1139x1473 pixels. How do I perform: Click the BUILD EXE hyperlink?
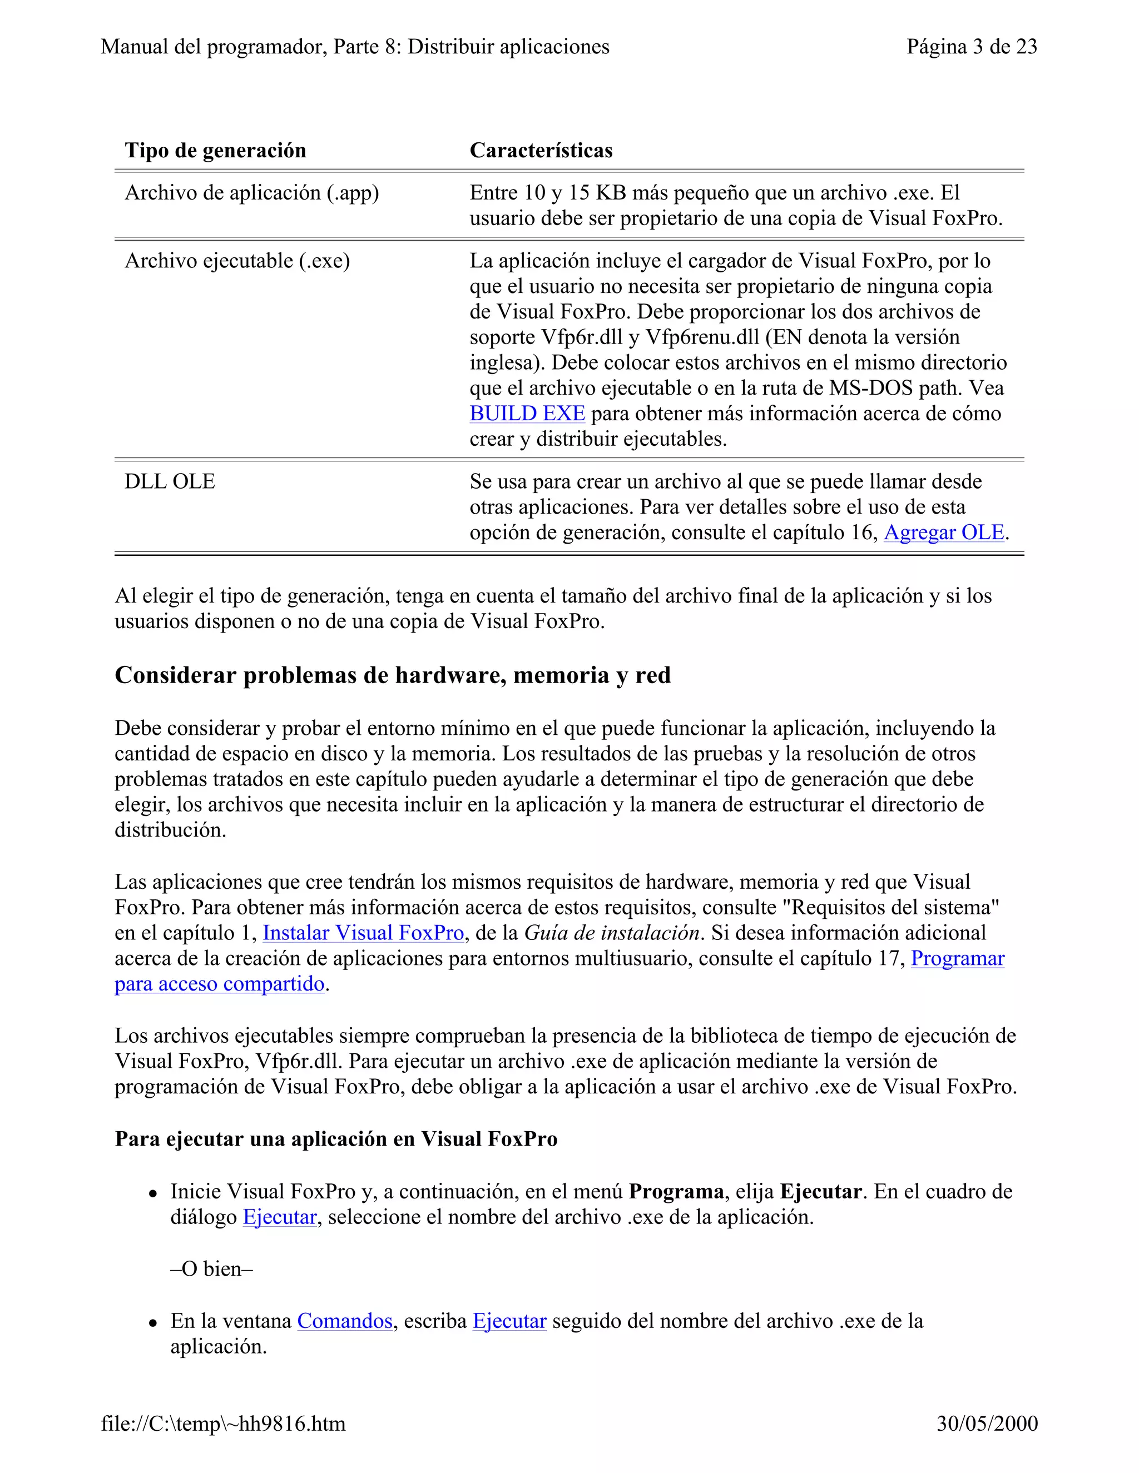click(527, 414)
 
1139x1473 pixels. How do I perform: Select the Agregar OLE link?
click(944, 533)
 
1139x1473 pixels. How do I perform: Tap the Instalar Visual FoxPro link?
click(363, 933)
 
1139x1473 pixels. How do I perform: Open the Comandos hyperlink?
click(345, 1321)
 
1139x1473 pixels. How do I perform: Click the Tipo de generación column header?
click(215, 151)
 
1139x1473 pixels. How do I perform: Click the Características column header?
click(541, 151)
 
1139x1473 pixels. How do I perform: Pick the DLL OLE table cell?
click(170, 481)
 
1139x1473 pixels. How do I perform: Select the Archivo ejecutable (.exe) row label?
click(237, 261)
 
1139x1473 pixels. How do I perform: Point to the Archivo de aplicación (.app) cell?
click(252, 193)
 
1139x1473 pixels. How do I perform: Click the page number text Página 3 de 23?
click(972, 47)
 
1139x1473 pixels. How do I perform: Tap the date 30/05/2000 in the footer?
click(987, 1423)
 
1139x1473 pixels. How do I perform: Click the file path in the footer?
click(224, 1423)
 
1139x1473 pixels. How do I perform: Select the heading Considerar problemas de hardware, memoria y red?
click(393, 675)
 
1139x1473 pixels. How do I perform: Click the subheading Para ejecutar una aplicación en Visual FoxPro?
click(336, 1139)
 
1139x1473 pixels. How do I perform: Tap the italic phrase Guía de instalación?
click(611, 933)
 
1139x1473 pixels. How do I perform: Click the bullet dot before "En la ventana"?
click(153, 1322)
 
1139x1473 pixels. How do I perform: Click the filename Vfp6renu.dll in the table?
click(702, 337)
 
